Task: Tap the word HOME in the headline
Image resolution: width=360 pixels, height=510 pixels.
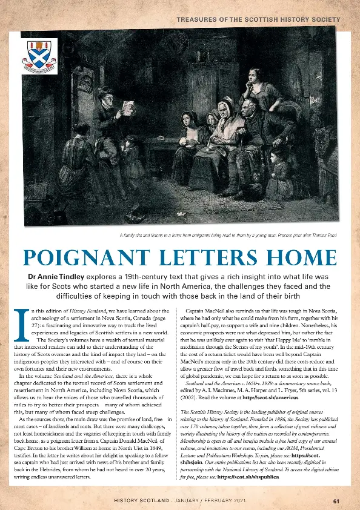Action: [x=297, y=259]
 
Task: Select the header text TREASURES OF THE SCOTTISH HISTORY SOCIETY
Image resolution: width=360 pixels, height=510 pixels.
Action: [x=258, y=20]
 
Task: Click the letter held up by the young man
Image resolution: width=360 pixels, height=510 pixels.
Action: [x=128, y=107]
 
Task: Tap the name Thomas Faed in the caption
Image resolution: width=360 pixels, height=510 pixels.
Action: [x=325, y=234]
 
